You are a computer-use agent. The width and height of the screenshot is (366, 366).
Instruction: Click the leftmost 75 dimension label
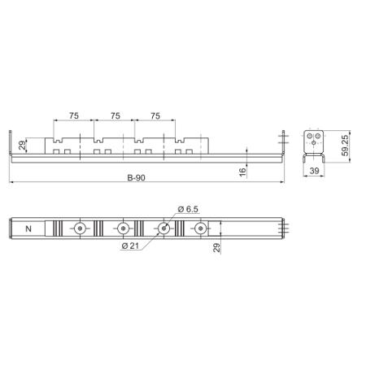pyautogui.click(x=73, y=115)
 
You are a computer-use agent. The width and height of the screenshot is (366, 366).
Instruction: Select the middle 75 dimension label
pyautogui.click(x=114, y=115)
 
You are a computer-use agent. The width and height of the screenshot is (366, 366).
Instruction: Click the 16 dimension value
pyautogui.click(x=242, y=170)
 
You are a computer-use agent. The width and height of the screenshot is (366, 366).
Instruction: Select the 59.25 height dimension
pyautogui.click(x=346, y=142)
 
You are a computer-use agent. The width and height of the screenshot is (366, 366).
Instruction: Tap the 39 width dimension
pyautogui.click(x=314, y=172)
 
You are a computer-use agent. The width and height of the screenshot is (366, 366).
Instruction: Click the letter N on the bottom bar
pyautogui.click(x=30, y=229)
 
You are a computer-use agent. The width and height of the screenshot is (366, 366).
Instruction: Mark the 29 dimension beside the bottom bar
pyautogui.click(x=216, y=247)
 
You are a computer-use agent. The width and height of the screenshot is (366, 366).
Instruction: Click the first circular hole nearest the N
pyautogui.click(x=80, y=229)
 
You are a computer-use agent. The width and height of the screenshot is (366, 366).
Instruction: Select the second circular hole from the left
pyautogui.click(x=122, y=229)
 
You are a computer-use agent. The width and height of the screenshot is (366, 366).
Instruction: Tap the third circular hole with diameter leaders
pyautogui.click(x=163, y=229)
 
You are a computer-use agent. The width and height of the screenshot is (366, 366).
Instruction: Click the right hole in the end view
pyautogui.click(x=318, y=134)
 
